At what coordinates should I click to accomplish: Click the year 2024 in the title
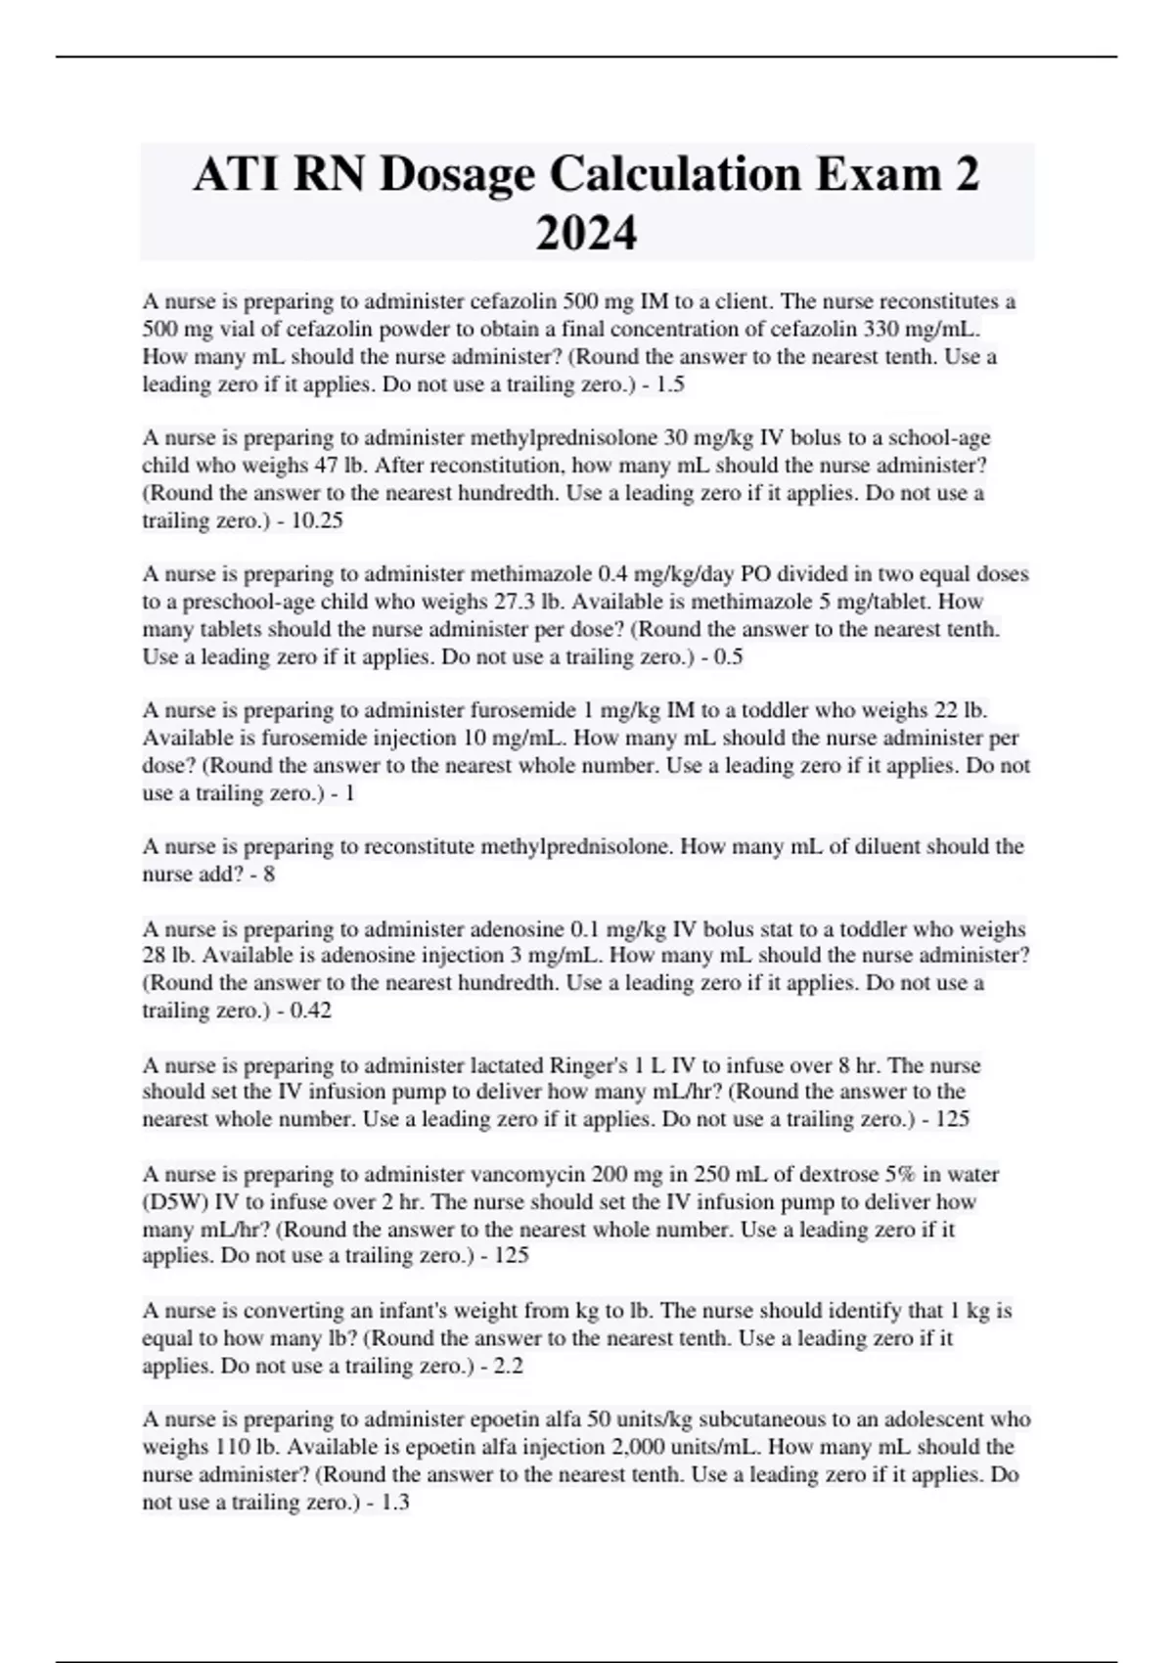586,234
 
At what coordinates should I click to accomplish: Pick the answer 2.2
509,1366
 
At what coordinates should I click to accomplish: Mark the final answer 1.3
394,1502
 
